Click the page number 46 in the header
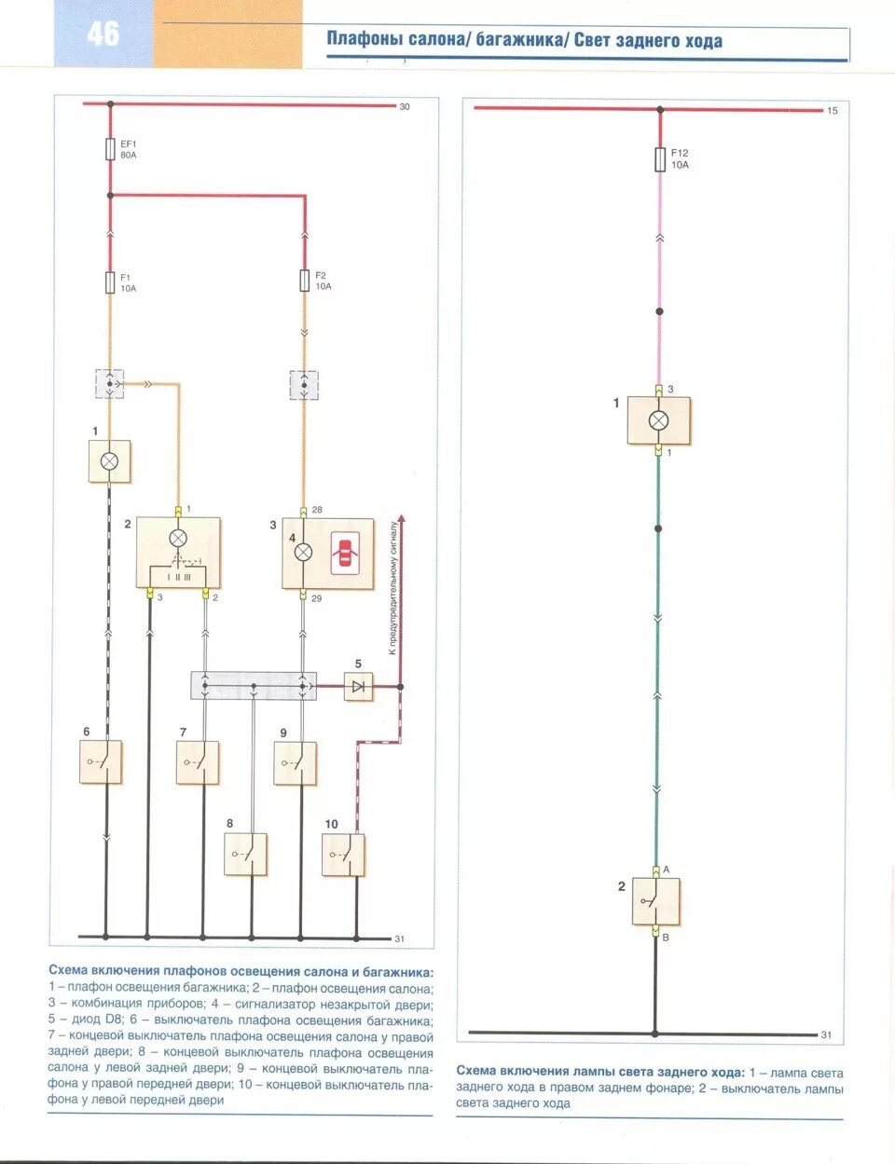[x=103, y=34]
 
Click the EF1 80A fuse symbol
[x=110, y=148]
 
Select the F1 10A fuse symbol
[x=110, y=282]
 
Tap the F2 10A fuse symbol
[x=304, y=281]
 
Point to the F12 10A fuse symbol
[x=660, y=158]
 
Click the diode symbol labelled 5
[x=358, y=687]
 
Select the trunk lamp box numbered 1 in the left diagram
[x=109, y=461]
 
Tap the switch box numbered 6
[x=101, y=762]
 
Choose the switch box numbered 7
[x=198, y=762]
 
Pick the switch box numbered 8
[x=245, y=854]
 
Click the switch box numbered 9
[x=296, y=762]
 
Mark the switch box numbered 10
[x=343, y=854]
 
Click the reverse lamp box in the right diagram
[x=658, y=420]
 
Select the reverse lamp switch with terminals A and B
[x=655, y=900]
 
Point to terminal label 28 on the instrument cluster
[x=317, y=510]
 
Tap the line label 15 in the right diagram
[x=833, y=111]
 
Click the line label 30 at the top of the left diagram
[x=405, y=107]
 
